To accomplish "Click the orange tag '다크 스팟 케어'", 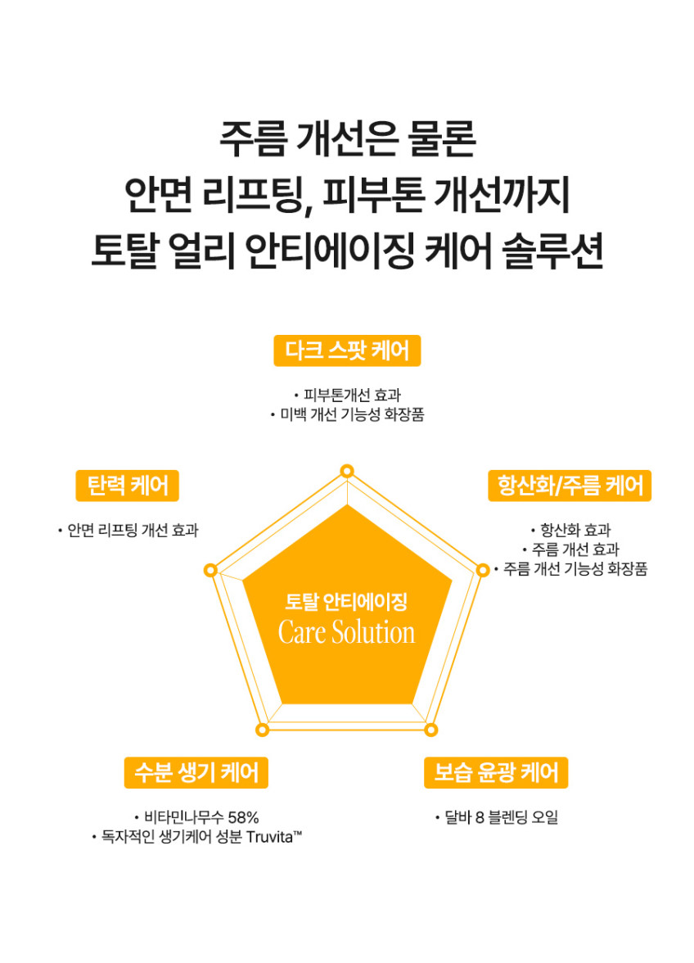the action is (x=347, y=350).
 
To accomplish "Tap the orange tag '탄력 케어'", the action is (x=127, y=486).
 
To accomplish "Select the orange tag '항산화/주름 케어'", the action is (x=570, y=486).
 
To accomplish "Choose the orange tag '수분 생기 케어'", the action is (x=196, y=773).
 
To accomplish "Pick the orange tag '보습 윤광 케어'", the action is (x=496, y=773).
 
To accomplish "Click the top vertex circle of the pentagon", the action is (x=347, y=471).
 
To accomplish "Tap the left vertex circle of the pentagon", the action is (x=210, y=571).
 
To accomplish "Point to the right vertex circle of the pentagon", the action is (x=483, y=571).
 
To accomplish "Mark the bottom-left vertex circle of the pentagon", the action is (x=262, y=730).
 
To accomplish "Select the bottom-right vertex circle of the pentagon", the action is (x=430, y=730).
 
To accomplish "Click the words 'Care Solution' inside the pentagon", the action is (x=347, y=632).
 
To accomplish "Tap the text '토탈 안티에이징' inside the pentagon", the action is (x=347, y=602).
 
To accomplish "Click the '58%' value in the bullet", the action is (x=244, y=817).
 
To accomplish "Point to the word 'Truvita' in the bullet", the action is (x=273, y=837).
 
